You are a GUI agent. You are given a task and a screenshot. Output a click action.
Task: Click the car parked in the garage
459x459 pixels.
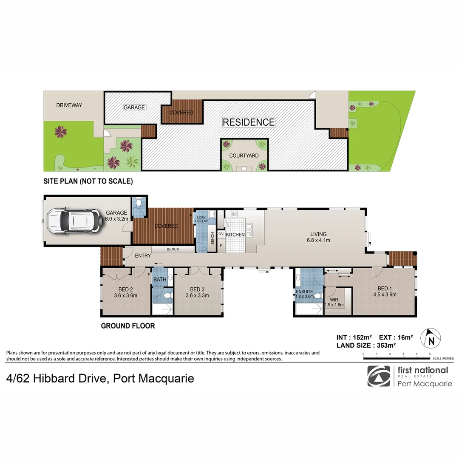(75, 221)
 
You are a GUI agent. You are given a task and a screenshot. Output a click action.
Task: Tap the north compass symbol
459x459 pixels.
(430, 338)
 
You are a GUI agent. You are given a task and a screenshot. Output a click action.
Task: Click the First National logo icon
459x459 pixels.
(378, 376)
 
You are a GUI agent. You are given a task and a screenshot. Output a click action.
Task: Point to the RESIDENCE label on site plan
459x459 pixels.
(249, 122)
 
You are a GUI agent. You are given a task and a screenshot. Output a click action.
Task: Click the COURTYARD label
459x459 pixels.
(244, 156)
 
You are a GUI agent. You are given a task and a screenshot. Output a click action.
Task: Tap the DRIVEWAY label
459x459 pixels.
(69, 105)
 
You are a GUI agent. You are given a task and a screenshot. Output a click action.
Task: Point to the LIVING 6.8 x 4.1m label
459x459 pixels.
(318, 237)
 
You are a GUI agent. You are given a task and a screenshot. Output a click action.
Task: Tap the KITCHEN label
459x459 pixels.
(235, 235)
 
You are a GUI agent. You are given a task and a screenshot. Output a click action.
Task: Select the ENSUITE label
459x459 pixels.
(305, 292)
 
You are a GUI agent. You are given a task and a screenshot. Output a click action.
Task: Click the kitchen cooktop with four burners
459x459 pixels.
(234, 214)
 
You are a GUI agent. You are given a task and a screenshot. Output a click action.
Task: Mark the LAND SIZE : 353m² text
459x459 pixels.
(366, 346)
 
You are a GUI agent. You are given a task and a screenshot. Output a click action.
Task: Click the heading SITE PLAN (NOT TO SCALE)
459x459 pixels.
(88, 181)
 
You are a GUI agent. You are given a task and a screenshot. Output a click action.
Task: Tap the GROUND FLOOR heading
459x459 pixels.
(127, 326)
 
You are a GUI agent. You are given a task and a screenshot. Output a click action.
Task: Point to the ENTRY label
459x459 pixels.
(143, 256)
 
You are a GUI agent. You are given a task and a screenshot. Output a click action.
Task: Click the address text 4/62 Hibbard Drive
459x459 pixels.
(56, 378)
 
